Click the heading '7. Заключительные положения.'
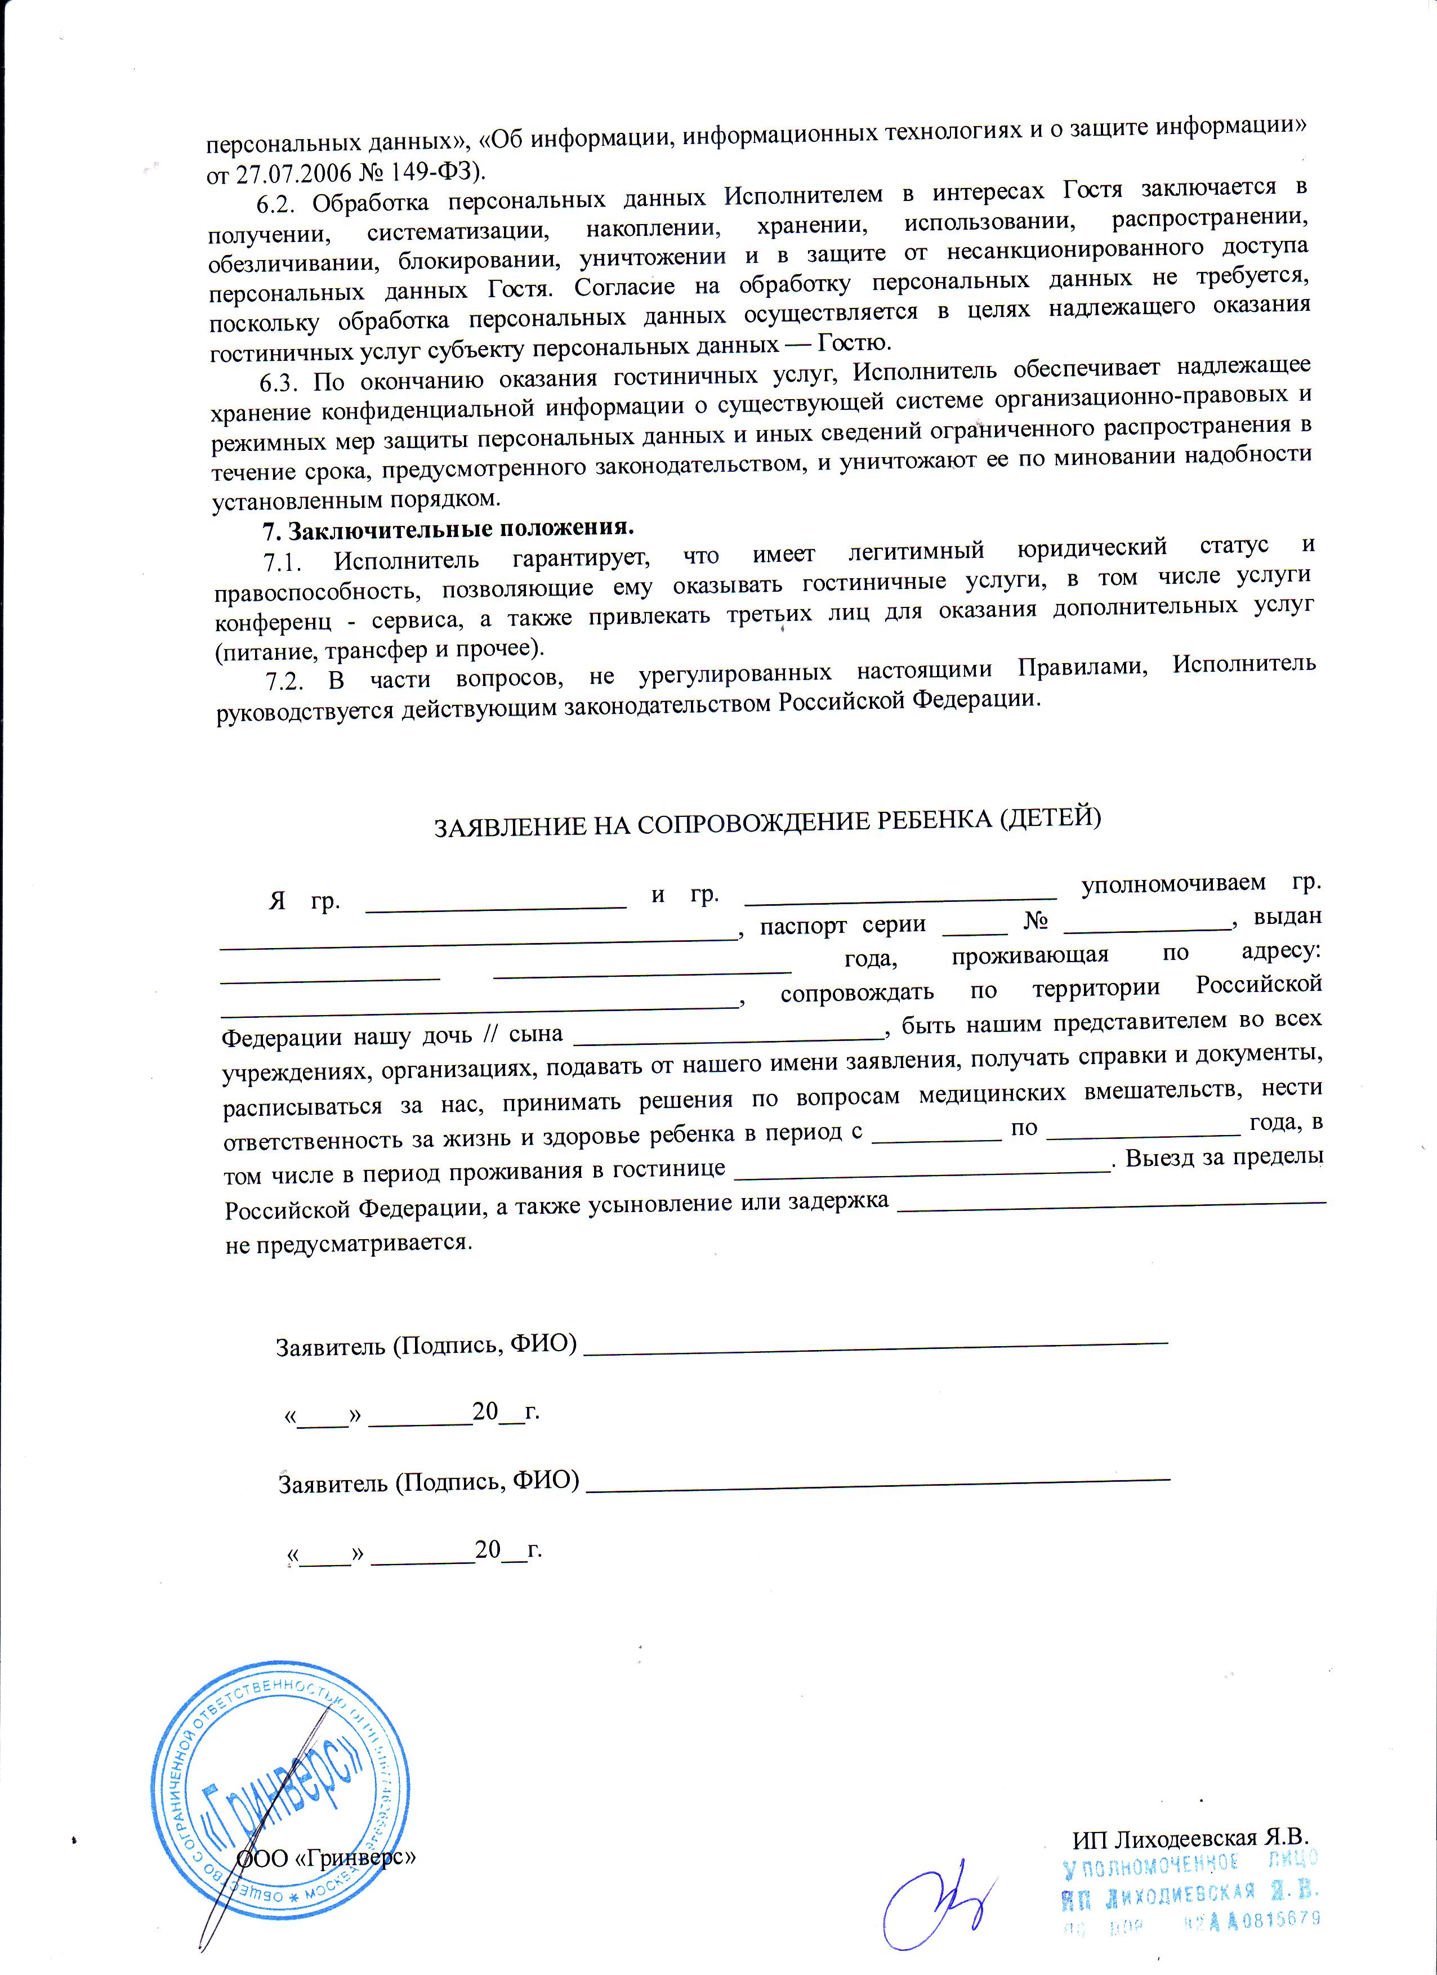tap(449, 529)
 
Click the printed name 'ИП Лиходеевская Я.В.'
tap(1190, 1837)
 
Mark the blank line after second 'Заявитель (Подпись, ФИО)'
tap(878, 1478)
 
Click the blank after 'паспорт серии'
tap(975, 931)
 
